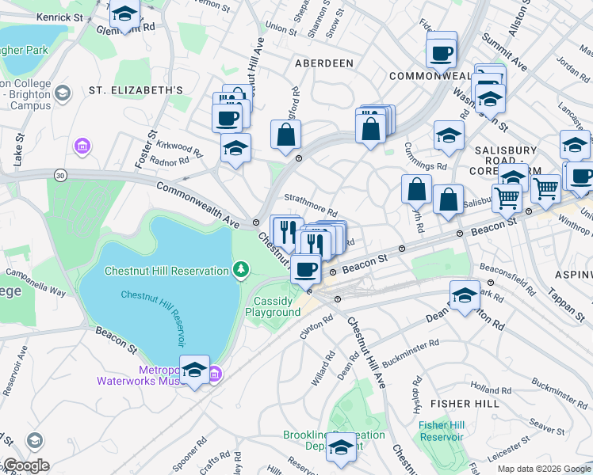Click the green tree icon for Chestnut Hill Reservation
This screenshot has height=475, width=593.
(240, 271)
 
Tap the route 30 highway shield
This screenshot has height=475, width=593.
(59, 174)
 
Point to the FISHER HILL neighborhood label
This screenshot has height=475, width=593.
(465, 404)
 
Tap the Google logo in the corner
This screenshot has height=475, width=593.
(26, 465)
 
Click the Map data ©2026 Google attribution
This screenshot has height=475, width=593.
(544, 469)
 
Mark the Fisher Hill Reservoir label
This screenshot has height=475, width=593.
(441, 431)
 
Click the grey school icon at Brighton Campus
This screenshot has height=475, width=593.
(63, 93)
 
